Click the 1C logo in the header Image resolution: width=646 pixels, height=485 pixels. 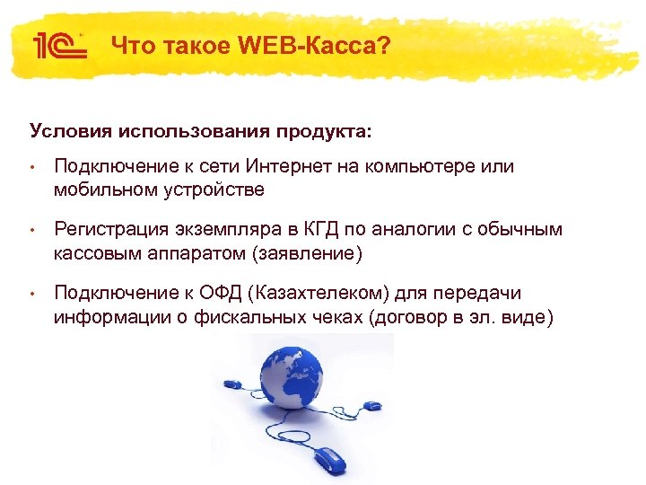click(59, 44)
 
